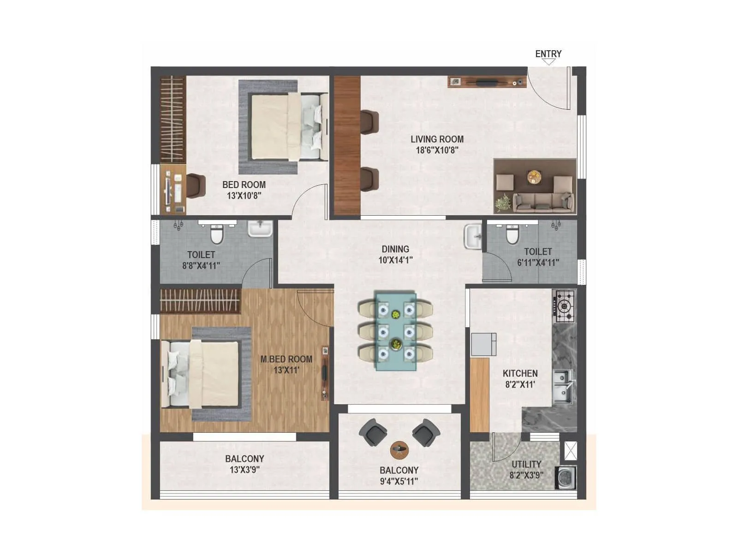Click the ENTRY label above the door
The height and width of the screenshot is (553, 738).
point(548,54)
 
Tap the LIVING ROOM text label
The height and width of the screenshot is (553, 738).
point(437,139)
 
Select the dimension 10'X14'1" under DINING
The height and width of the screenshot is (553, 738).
point(395,260)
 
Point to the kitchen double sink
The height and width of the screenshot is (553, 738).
point(563,386)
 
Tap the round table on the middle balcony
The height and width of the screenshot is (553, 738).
point(399,449)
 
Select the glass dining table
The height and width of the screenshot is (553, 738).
point(395,330)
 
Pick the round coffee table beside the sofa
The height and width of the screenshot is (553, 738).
point(535,177)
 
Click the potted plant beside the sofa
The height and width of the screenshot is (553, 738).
point(503,202)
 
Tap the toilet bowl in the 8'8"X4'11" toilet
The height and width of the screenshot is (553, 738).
point(216,234)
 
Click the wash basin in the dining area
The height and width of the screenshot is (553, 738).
point(472,237)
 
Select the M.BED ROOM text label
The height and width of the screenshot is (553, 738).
point(286,359)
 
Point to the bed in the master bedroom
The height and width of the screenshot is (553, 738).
point(201,374)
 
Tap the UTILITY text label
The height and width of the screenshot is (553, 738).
point(526,464)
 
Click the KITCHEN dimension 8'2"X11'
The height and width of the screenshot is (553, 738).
point(520,384)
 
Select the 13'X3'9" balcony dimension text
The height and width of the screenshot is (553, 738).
point(244,470)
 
